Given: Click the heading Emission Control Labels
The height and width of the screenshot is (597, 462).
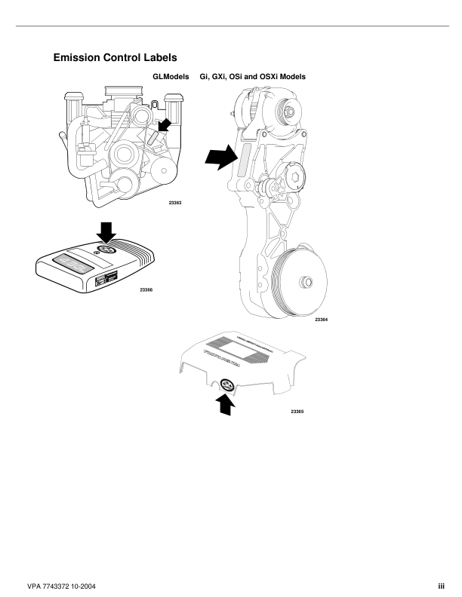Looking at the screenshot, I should pyautogui.click(x=115, y=57).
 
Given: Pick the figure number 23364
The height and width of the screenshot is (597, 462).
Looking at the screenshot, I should pyautogui.click(x=322, y=320).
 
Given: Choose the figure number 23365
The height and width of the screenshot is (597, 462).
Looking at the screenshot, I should pyautogui.click(x=297, y=412).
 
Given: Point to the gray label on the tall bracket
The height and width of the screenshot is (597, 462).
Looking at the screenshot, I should pyautogui.click(x=245, y=161).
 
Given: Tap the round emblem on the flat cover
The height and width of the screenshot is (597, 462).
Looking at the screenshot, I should pyautogui.click(x=104, y=252).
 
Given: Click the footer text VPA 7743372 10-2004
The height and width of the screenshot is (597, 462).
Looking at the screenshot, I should pyautogui.click(x=62, y=586).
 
